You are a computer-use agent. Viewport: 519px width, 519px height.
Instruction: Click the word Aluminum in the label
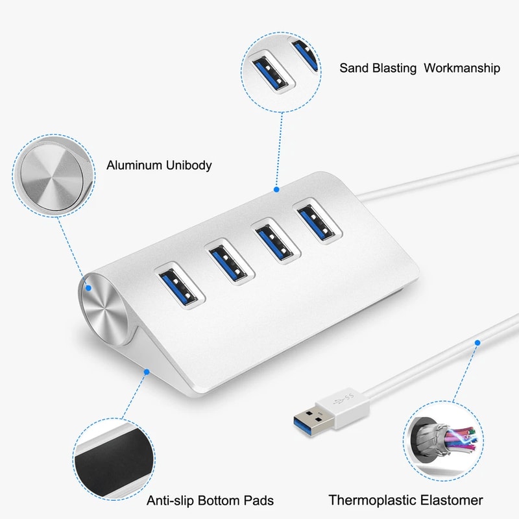click(x=133, y=165)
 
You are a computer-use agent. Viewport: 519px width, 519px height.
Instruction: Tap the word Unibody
click(x=187, y=165)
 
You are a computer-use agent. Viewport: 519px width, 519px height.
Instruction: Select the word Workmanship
click(x=461, y=68)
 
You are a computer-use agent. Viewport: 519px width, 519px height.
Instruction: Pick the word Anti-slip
click(x=171, y=500)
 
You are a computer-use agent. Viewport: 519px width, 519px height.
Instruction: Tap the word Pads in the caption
click(x=259, y=500)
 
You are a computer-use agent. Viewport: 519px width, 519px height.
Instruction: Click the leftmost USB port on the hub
click(x=178, y=286)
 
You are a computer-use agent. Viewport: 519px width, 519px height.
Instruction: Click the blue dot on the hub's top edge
click(x=276, y=190)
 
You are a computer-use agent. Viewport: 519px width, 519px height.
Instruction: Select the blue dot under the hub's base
click(x=147, y=372)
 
